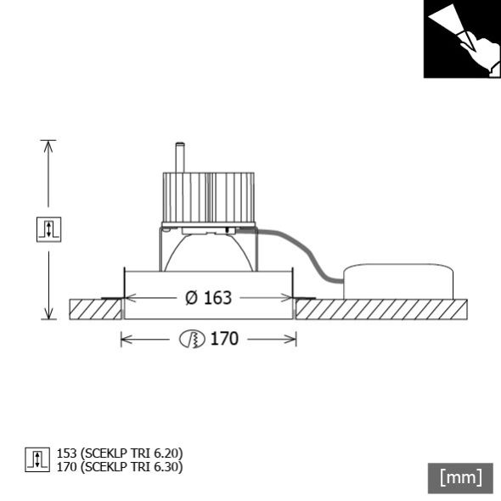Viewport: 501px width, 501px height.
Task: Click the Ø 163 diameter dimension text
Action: [208, 298]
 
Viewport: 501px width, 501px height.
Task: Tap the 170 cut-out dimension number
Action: [224, 340]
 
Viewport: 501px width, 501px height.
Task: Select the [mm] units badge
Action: [460, 477]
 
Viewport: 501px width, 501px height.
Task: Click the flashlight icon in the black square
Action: [460, 39]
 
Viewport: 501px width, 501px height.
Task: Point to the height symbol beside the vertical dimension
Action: [48, 229]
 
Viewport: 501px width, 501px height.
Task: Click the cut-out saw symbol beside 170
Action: [192, 340]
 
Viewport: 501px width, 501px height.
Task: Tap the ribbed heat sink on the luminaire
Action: [208, 197]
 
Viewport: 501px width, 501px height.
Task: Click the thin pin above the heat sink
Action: [179, 157]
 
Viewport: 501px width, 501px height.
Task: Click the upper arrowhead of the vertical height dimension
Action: [48, 146]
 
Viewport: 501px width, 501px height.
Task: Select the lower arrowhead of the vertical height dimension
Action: [48, 313]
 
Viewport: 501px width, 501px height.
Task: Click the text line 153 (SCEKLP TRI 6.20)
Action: [119, 453]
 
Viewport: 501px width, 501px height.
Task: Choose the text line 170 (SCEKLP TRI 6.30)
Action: [119, 466]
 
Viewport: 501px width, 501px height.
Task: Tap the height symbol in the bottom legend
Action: [37, 459]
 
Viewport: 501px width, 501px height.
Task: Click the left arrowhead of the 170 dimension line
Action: [125, 340]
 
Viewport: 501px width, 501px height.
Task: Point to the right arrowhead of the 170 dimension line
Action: [292, 340]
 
